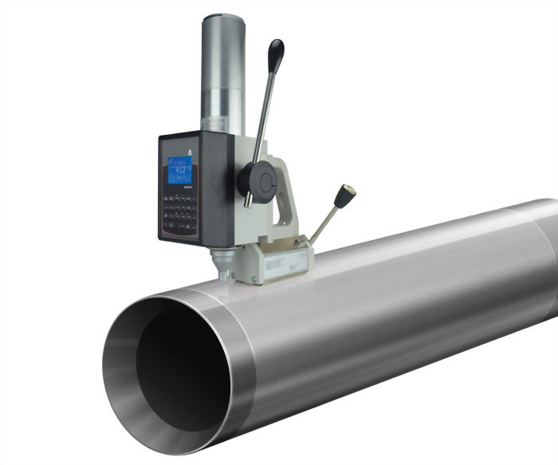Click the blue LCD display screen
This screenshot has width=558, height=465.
click(179, 170)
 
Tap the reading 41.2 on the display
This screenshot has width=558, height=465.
click(181, 169)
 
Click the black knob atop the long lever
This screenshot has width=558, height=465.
click(276, 53)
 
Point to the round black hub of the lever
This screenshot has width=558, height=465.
click(258, 179)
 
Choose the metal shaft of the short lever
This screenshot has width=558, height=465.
click(324, 223)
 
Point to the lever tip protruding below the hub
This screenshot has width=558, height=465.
click(248, 200)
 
